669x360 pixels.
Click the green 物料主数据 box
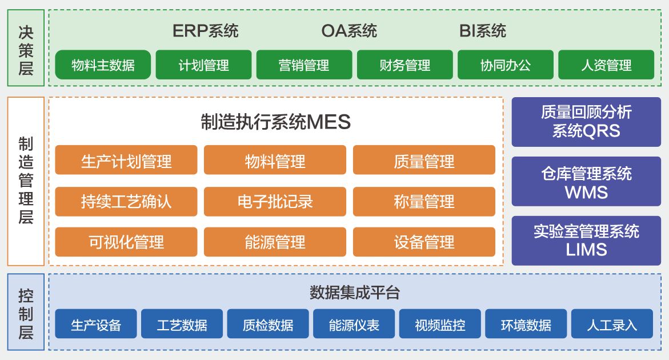pyautogui.click(x=103, y=65)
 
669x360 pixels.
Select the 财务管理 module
pyautogui.click(x=404, y=65)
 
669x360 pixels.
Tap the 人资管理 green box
pyautogui.click(x=606, y=65)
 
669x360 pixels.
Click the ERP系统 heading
pyautogui.click(x=205, y=30)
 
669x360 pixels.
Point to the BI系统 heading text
pyautogui.click(x=483, y=30)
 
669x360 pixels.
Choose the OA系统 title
pyautogui.click(x=349, y=30)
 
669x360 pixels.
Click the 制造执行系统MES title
pyautogui.click(x=275, y=122)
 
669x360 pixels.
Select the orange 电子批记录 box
pyautogui.click(x=275, y=201)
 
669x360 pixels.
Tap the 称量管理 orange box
pyautogui.click(x=424, y=201)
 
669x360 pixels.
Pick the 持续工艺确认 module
pyautogui.click(x=126, y=201)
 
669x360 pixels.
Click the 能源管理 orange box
pyautogui.click(x=275, y=242)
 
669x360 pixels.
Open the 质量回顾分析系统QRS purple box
pyautogui.click(x=586, y=121)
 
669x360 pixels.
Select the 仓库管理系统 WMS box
pyautogui.click(x=586, y=182)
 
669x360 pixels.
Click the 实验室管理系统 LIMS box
pyautogui.click(x=586, y=240)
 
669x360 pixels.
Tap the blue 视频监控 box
pyautogui.click(x=440, y=325)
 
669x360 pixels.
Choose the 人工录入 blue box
pyautogui.click(x=611, y=325)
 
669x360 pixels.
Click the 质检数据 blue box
pyautogui.click(x=268, y=325)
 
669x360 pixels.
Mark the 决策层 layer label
pyautogui.click(x=26, y=50)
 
